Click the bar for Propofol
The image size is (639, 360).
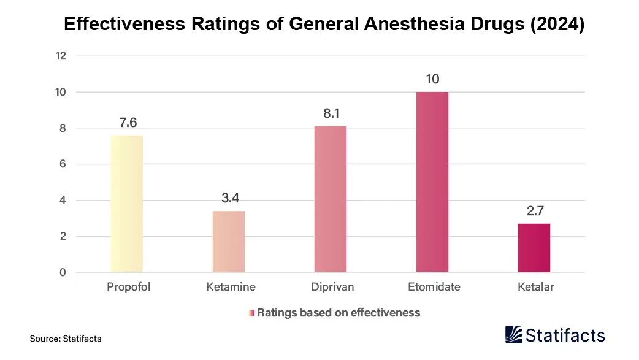click(127, 204)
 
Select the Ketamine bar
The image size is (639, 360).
click(229, 242)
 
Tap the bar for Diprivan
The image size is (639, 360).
click(331, 199)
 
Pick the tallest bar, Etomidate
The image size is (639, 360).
click(432, 182)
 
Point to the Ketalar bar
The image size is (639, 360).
click(534, 248)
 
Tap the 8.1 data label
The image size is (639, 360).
click(331, 114)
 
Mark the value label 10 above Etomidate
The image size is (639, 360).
click(432, 80)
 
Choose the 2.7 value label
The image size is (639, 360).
click(534, 212)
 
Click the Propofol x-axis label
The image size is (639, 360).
click(128, 287)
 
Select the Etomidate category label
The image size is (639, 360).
click(434, 287)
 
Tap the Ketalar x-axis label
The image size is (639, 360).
click(535, 287)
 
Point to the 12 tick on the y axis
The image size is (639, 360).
click(61, 56)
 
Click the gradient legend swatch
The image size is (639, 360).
click(251, 313)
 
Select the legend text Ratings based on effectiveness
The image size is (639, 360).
click(339, 313)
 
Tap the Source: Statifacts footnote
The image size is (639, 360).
click(66, 339)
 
